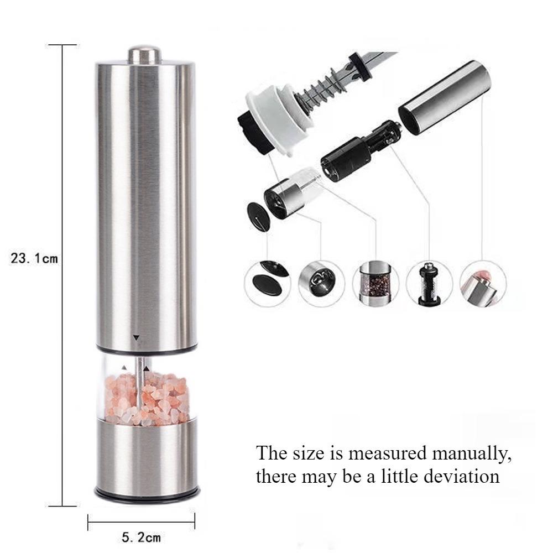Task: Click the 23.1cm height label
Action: pyautogui.click(x=34, y=258)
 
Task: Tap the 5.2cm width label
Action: pyautogui.click(x=140, y=536)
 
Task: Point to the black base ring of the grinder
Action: pyautogui.click(x=146, y=491)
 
